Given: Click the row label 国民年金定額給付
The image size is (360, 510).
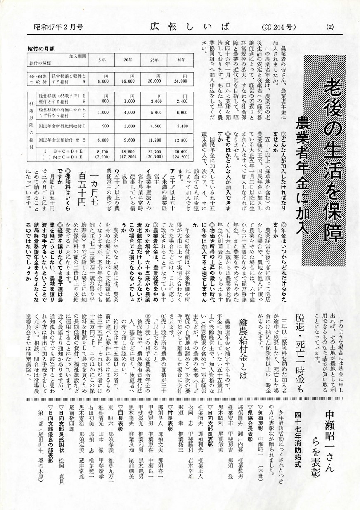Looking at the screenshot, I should click(57, 140).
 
